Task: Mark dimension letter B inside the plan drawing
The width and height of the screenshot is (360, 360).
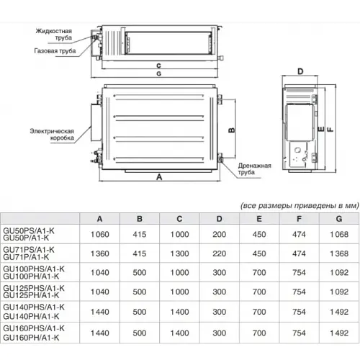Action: coord(232,130)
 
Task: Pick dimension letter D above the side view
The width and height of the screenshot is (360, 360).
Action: coord(300,71)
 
